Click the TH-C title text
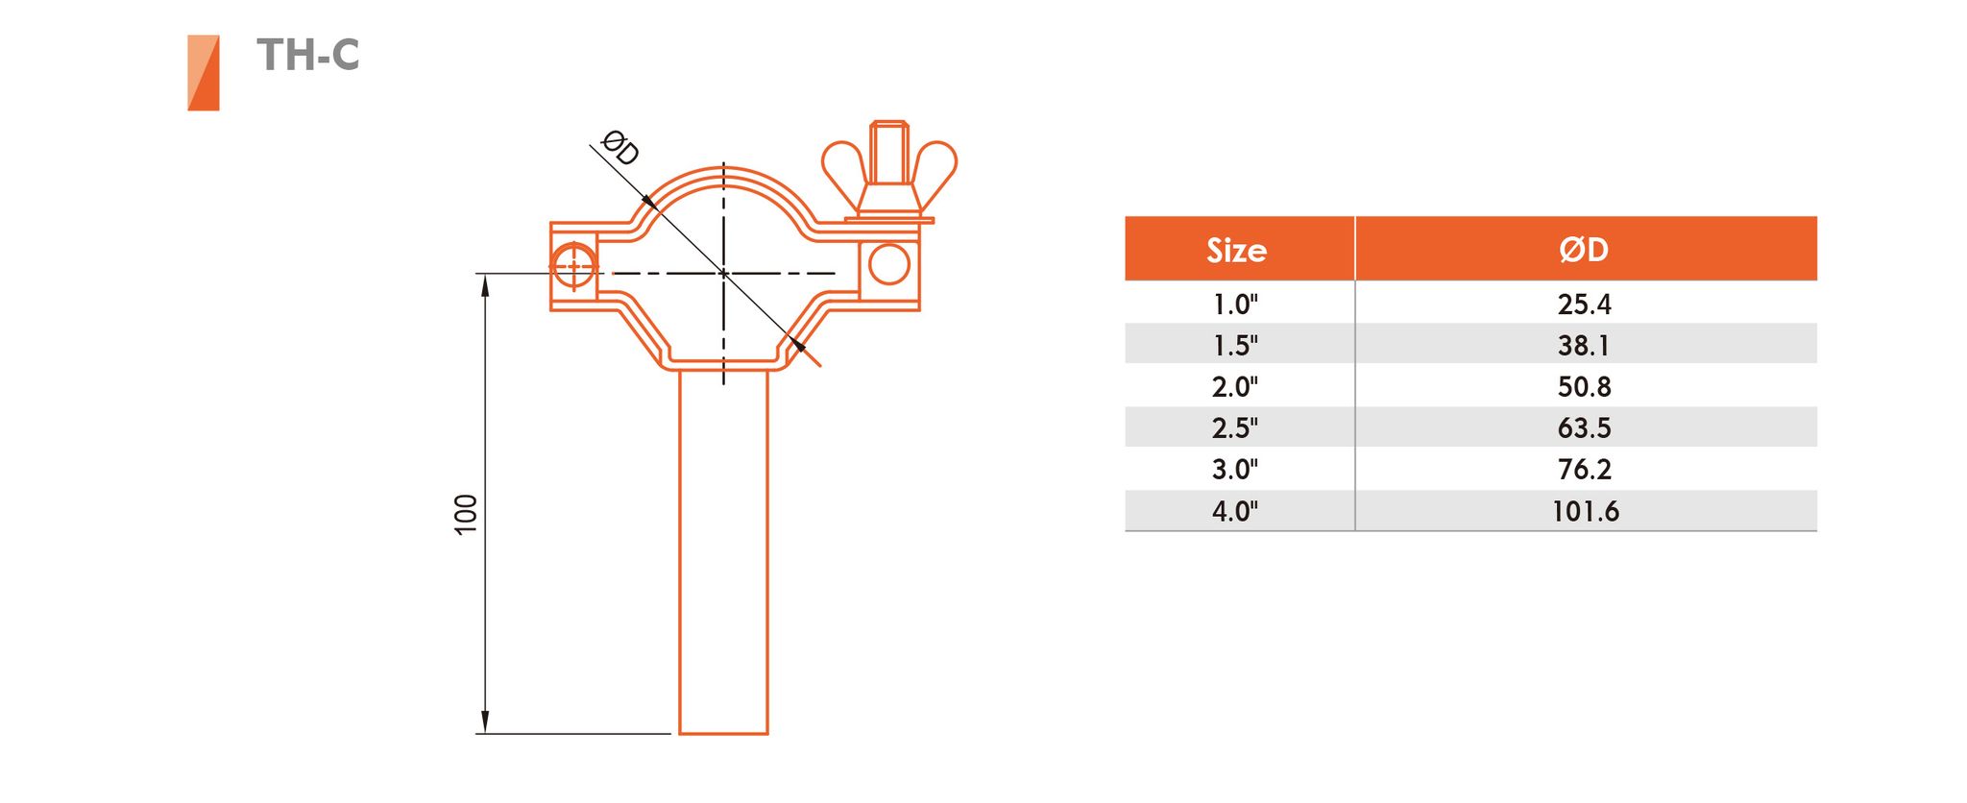tap(308, 55)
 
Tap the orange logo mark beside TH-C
tap(204, 73)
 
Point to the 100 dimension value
tap(466, 514)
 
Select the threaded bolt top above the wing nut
tap(889, 151)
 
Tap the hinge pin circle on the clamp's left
tap(574, 266)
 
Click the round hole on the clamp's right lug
tap(889, 264)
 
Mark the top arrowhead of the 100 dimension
tap(485, 285)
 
